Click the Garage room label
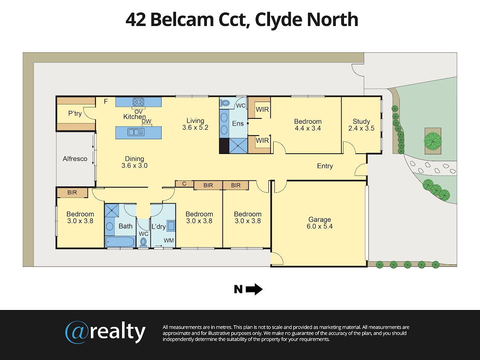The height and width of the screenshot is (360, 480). [x=320, y=223]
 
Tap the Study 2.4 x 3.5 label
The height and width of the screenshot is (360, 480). [x=361, y=124]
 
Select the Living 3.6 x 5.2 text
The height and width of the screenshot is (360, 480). [x=195, y=124]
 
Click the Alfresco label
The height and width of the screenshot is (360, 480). [x=75, y=159]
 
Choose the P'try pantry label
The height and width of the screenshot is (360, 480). [x=75, y=114]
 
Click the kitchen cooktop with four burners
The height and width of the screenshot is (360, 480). [x=138, y=102]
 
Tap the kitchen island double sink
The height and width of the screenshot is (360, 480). [x=136, y=132]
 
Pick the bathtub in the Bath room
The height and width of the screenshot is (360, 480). [x=120, y=242]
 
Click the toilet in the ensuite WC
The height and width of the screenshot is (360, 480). [x=224, y=103]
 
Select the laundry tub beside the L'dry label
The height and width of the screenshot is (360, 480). [x=171, y=226]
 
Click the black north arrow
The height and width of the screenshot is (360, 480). [x=254, y=289]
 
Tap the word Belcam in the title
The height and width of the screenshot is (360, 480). [x=182, y=20]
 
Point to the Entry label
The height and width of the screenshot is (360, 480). [x=325, y=166]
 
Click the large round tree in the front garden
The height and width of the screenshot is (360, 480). [x=433, y=142]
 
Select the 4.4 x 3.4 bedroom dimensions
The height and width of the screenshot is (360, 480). [x=308, y=128]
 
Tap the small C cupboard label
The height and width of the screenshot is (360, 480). [x=184, y=184]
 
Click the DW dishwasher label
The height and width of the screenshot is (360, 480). [x=146, y=121]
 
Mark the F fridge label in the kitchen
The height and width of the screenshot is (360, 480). [x=106, y=102]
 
